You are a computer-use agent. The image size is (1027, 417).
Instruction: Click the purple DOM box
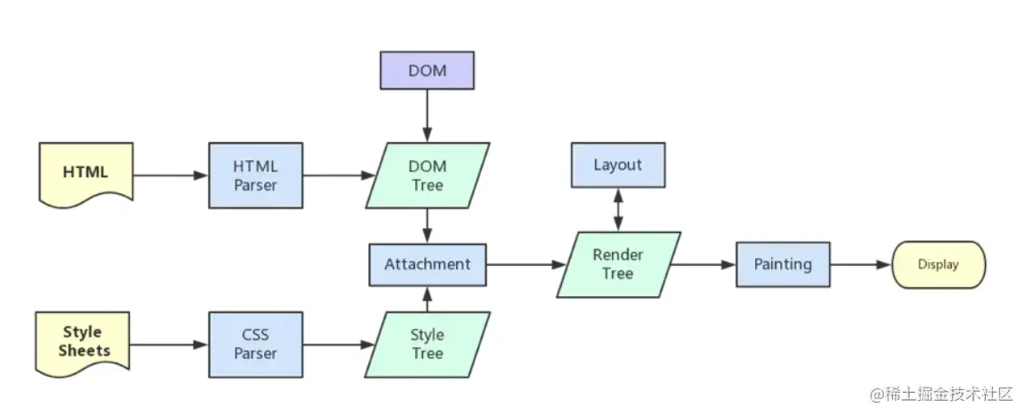point(427,71)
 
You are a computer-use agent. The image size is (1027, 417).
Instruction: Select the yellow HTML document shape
point(86,174)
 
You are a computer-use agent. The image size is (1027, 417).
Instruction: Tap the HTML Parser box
point(256,175)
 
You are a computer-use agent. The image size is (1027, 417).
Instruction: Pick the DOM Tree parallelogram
point(427,175)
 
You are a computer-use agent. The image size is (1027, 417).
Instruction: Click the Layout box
point(617,166)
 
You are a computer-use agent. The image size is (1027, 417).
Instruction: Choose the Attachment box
point(427,265)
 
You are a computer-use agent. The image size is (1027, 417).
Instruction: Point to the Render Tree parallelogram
point(618,264)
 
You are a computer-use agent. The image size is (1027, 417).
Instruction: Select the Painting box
point(783,264)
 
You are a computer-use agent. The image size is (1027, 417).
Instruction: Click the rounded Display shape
point(938,264)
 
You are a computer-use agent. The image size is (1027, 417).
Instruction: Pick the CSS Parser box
point(256,345)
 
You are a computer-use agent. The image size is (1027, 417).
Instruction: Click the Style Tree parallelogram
point(427,345)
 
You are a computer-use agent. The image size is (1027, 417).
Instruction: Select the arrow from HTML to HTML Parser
point(171,175)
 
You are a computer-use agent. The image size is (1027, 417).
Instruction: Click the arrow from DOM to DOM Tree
point(427,116)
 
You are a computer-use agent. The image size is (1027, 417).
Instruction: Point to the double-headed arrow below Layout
point(617,209)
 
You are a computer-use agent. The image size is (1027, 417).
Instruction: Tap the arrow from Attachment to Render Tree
point(526,265)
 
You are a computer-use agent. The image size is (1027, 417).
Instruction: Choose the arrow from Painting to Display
point(861,265)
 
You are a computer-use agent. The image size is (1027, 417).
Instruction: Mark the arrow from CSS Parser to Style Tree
point(339,345)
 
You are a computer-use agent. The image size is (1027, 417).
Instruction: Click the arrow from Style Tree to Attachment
point(427,299)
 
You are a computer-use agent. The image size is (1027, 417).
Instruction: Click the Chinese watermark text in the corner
point(942,394)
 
